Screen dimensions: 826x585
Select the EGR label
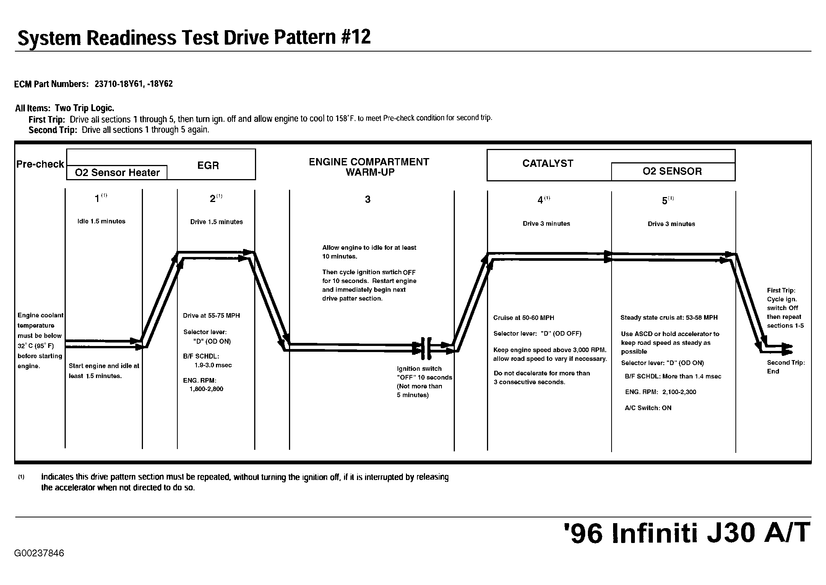click(208, 165)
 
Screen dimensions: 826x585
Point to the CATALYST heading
click(548, 163)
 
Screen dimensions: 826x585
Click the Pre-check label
click(40, 164)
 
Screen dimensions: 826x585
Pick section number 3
click(368, 199)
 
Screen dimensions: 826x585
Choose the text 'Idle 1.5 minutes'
click(101, 221)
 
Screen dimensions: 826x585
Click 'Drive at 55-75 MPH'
click(211, 316)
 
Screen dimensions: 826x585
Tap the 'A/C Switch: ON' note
click(648, 408)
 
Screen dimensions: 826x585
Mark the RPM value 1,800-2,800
click(206, 389)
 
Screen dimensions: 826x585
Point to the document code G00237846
click(39, 553)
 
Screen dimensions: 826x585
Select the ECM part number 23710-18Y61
click(118, 84)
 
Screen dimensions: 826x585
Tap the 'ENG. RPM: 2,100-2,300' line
click(660, 392)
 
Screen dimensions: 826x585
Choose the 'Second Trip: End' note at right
click(786, 367)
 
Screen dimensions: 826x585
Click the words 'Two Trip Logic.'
click(84, 108)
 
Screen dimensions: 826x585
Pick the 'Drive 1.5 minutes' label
click(216, 222)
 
